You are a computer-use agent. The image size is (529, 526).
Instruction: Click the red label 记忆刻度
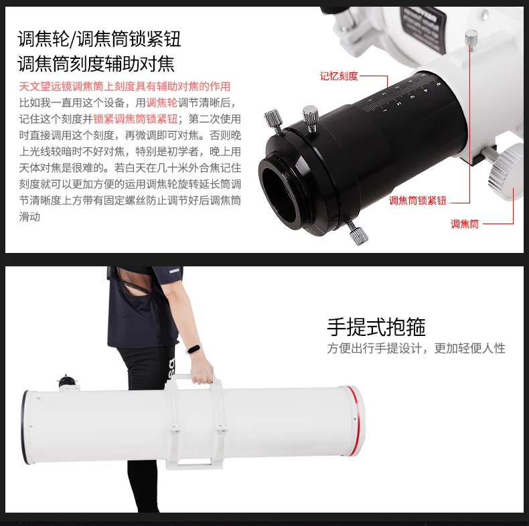click(339, 76)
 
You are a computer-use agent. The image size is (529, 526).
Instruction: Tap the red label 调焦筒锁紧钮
click(418, 201)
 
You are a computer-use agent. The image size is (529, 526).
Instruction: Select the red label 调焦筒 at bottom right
click(465, 224)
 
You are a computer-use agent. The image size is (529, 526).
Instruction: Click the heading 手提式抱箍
click(376, 327)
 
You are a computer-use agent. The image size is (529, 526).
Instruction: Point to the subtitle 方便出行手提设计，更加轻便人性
click(416, 348)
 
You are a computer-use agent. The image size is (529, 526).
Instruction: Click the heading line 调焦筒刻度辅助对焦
click(96, 64)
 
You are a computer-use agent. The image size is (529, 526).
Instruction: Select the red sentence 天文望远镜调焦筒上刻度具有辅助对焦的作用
click(125, 86)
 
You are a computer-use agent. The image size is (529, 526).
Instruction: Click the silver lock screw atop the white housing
click(471, 39)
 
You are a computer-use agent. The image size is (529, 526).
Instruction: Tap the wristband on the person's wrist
click(194, 348)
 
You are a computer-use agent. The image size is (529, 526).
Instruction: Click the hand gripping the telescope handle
click(202, 373)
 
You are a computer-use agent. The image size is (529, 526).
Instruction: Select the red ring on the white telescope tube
click(358, 421)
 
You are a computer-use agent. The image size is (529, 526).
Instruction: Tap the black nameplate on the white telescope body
click(424, 29)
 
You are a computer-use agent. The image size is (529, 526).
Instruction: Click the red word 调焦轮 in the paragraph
click(162, 102)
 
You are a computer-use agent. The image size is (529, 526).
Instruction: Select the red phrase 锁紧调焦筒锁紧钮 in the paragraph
click(135, 118)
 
